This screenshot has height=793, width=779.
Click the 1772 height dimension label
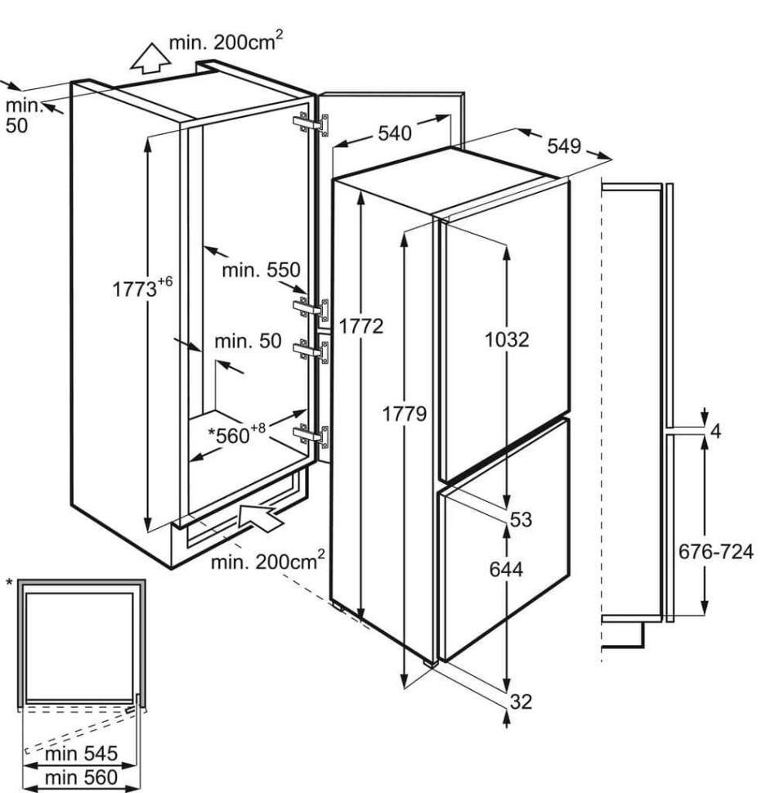pyautogui.click(x=361, y=327)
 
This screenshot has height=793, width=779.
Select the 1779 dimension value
pyautogui.click(x=405, y=414)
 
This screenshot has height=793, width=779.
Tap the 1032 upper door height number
pyautogui.click(x=507, y=340)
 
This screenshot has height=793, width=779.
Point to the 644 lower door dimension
pyautogui.click(x=506, y=570)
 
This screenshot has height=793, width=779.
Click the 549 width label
pyautogui.click(x=564, y=146)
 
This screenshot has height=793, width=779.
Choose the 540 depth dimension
pyautogui.click(x=395, y=133)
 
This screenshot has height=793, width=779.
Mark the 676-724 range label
pyautogui.click(x=716, y=551)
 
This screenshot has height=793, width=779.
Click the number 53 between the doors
pyautogui.click(x=522, y=519)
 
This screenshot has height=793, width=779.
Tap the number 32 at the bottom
pyautogui.click(x=522, y=702)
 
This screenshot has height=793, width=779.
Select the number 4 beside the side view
pyautogui.click(x=716, y=432)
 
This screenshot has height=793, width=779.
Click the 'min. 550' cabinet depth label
pyautogui.click(x=262, y=270)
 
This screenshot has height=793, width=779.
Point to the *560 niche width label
pyautogui.click(x=236, y=434)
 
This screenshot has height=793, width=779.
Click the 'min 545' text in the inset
pyautogui.click(x=82, y=754)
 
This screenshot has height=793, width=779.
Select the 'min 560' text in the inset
pyautogui.click(x=82, y=777)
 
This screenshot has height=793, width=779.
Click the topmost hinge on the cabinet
pyautogui.click(x=311, y=124)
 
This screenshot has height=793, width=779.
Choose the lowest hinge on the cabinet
pyautogui.click(x=311, y=436)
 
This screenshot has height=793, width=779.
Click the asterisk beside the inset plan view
pyautogui.click(x=9, y=584)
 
